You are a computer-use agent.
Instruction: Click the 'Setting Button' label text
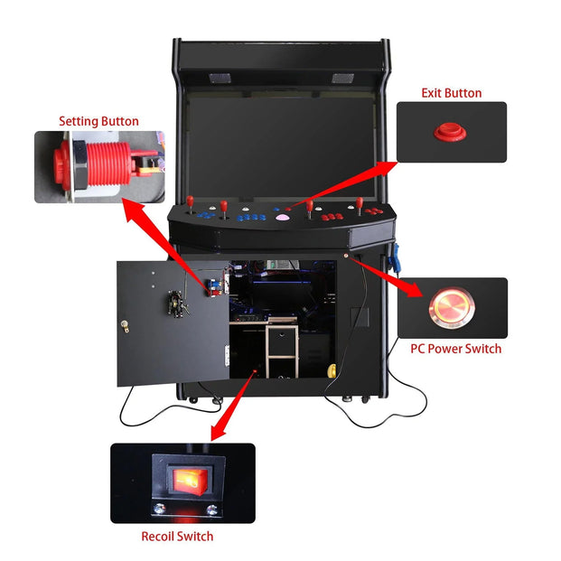(98, 121)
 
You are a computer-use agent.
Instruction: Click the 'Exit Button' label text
(451, 93)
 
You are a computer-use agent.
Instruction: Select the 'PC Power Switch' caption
(455, 348)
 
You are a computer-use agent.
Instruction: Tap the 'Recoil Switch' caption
(177, 537)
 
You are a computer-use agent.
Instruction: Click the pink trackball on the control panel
(283, 218)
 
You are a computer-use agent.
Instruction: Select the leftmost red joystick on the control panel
(192, 202)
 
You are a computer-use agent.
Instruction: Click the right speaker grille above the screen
(343, 79)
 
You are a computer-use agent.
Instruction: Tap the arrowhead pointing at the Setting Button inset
(130, 209)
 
